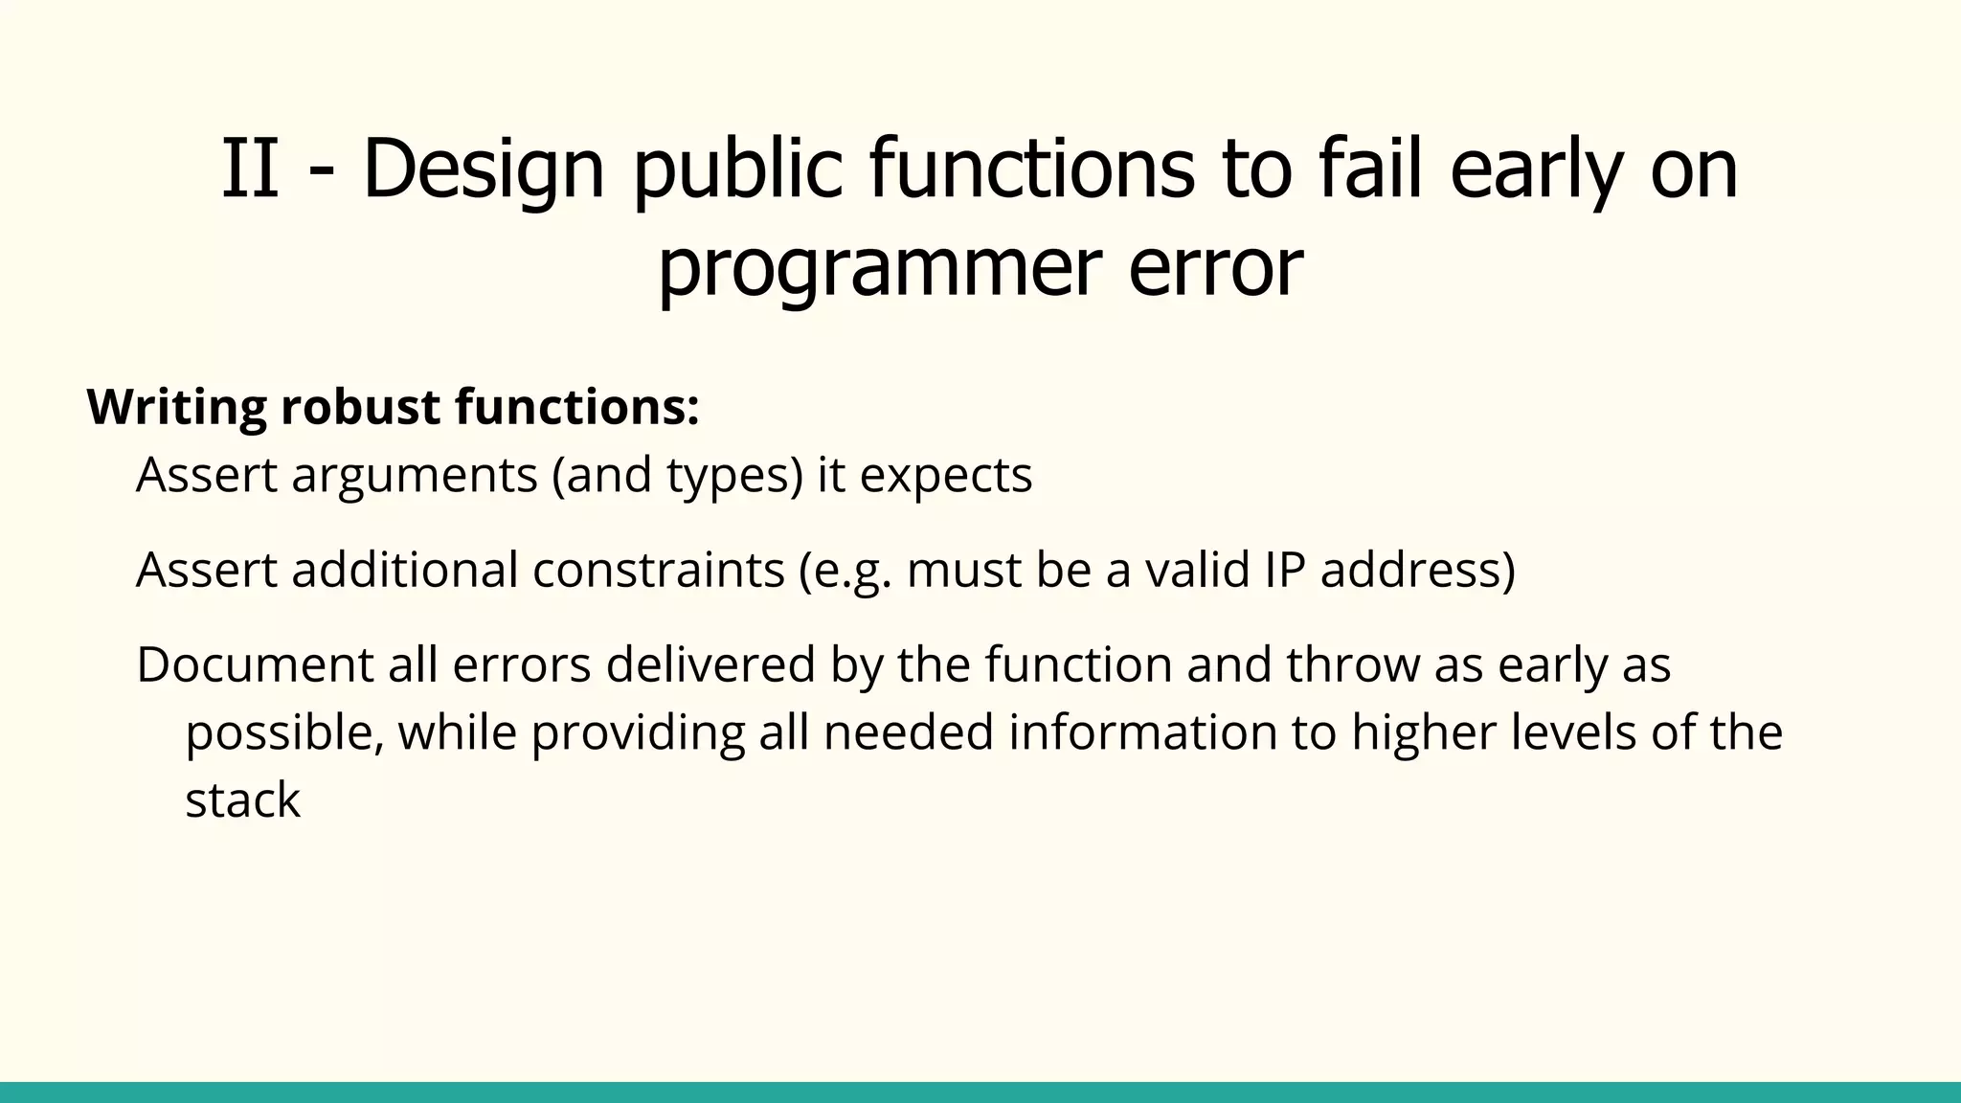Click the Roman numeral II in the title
pos(251,170)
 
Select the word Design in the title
pos(484,170)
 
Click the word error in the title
pos(1215,268)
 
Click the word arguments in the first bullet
pos(415,476)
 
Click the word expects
pos(945,476)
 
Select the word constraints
pos(658,570)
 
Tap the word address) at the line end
pos(1417,570)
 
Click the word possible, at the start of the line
pos(284,732)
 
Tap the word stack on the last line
pos(242,800)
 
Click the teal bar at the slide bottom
pos(980,1092)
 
